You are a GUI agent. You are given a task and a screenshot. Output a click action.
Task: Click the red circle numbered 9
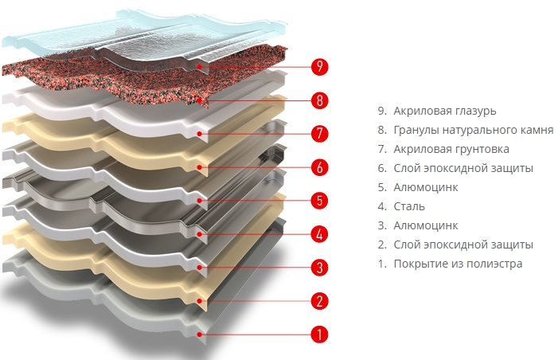point(319,67)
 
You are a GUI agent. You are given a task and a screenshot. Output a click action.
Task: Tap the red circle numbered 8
point(319,100)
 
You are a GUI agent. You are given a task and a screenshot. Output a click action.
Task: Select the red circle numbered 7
point(319,134)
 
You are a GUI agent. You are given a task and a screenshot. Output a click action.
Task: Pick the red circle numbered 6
point(319,167)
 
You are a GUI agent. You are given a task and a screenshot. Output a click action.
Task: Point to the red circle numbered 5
point(319,201)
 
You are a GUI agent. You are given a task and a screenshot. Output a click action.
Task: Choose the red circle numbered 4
point(319,234)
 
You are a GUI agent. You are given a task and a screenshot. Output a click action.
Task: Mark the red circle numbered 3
point(319,268)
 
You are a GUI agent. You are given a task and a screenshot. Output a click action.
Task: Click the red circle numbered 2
point(319,301)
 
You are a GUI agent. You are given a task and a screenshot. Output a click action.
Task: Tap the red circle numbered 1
point(319,335)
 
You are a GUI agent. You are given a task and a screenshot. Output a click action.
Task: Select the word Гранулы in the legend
point(414,131)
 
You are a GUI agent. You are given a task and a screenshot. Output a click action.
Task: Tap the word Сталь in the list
point(409,206)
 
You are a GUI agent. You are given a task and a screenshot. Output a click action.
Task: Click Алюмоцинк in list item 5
point(426,188)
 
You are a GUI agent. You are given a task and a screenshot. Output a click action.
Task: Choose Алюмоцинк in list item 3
point(426,225)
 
